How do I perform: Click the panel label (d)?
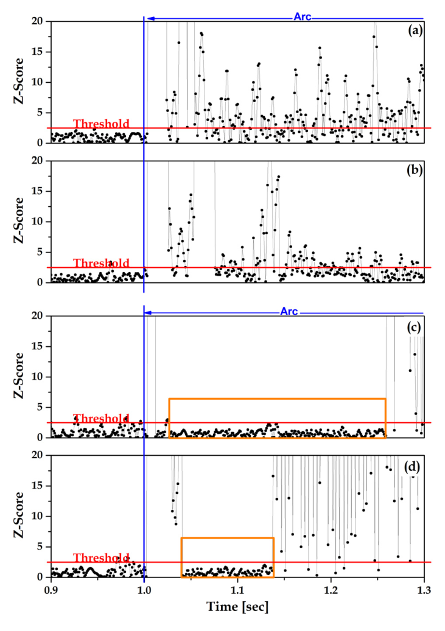point(415,467)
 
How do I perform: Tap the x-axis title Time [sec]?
point(237,607)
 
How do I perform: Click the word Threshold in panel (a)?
point(101,124)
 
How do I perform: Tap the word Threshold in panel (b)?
point(101,263)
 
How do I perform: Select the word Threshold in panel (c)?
point(101,419)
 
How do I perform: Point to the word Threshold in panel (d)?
point(101,558)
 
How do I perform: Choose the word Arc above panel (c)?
point(289,312)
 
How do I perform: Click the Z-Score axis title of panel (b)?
point(19,221)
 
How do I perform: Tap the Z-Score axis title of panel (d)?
point(19,516)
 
